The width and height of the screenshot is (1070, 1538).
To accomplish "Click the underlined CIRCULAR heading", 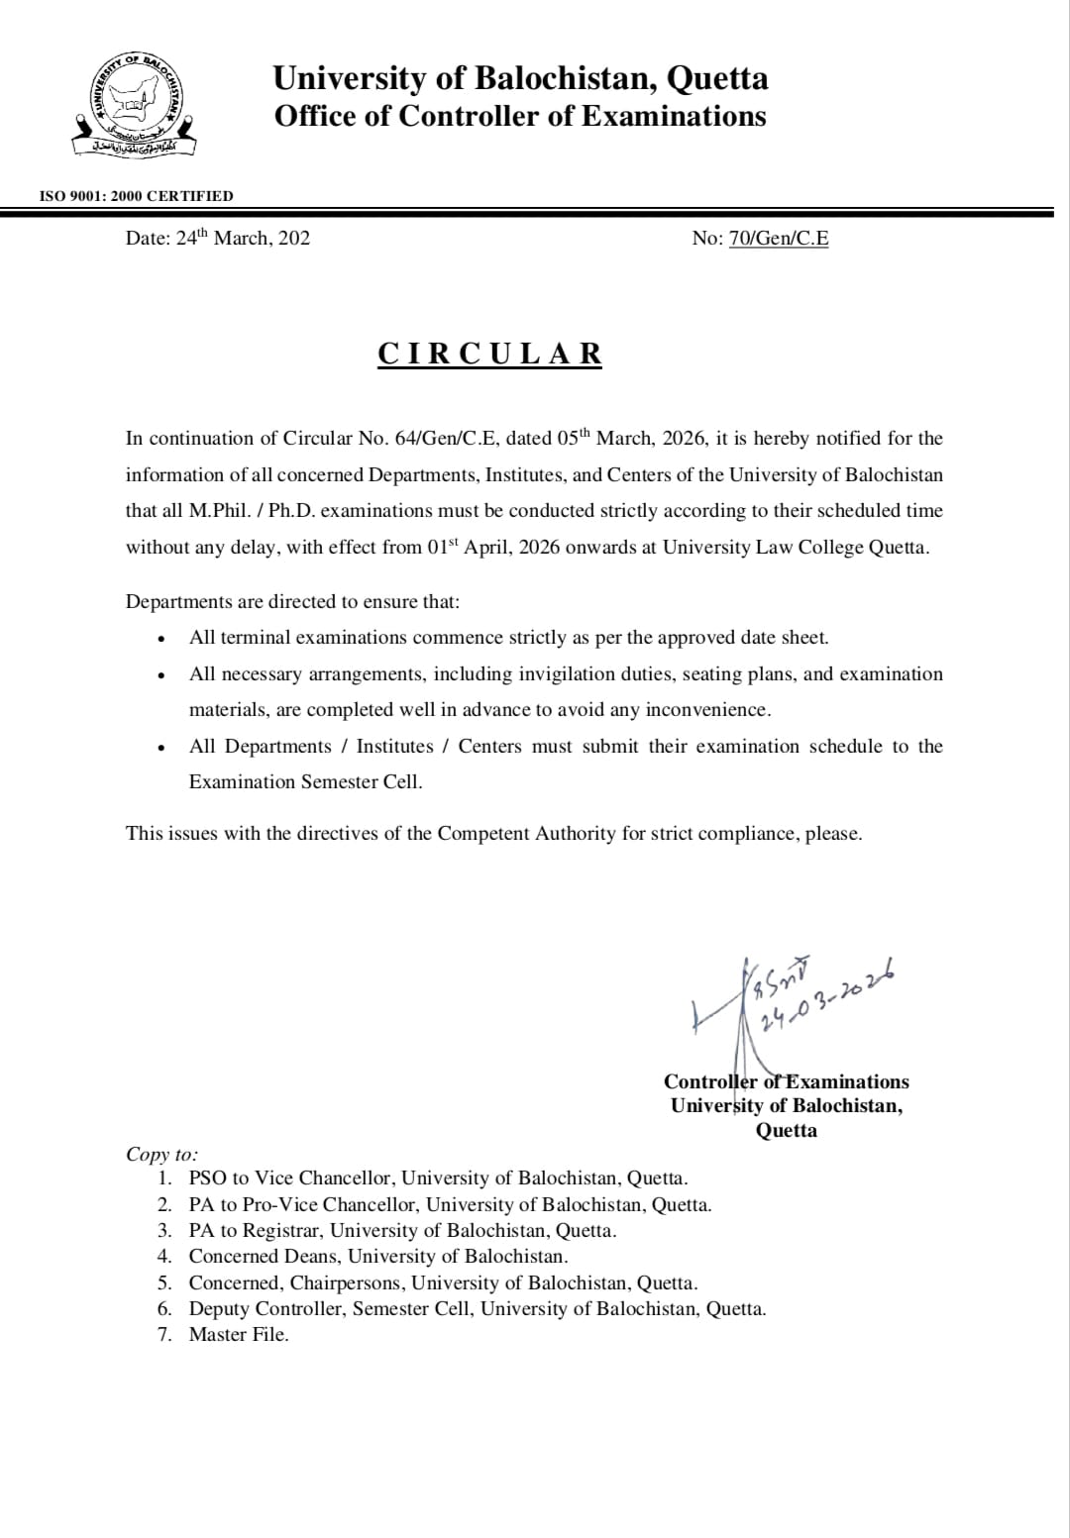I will (489, 354).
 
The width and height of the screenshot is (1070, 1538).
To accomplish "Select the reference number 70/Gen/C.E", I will (779, 238).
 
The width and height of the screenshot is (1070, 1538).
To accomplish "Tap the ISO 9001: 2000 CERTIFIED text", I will (136, 196).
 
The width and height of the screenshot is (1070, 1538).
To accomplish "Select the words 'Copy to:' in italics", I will (161, 1154).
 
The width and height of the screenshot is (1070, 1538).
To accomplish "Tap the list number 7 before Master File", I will (165, 1334).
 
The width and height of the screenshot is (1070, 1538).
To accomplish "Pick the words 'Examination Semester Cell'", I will (304, 781).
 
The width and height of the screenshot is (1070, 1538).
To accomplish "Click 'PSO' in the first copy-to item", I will (208, 1179).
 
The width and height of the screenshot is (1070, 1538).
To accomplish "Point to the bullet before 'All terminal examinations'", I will (160, 639).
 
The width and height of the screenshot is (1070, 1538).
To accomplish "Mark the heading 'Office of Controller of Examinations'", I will (520, 116).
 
